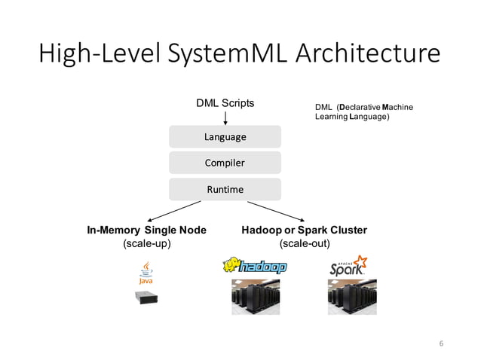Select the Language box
225,137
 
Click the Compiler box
225,163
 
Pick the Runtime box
225,189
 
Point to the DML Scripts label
225,102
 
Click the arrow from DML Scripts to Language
225,117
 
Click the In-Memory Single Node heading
147,230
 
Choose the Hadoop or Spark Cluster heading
304,230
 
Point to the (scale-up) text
147,244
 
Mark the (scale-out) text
304,244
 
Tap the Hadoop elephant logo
255,267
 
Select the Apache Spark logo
348,267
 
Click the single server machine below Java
146,296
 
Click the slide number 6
442,343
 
